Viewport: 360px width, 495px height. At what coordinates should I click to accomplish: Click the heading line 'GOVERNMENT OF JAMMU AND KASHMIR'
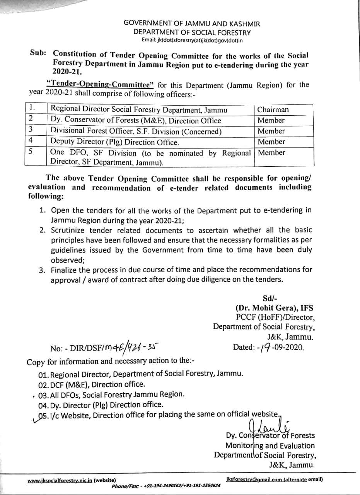pos(192,24)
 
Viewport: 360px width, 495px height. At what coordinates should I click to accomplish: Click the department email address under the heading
pos(192,40)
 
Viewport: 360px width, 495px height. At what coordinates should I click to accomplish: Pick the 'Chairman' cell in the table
pos(273,109)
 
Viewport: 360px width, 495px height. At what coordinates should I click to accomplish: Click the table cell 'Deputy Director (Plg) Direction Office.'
pos(115,142)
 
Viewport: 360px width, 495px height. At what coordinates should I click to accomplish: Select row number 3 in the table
pos(31,129)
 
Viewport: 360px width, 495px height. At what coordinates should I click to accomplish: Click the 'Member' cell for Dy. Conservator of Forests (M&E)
pos(271,120)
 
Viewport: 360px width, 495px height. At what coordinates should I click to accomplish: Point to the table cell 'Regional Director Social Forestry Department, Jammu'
pos(139,109)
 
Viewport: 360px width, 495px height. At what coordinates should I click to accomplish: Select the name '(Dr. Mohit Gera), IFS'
pos(275,308)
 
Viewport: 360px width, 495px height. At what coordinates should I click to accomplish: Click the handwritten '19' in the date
pos(264,347)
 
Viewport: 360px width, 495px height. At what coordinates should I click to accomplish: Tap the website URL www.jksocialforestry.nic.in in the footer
pos(60,481)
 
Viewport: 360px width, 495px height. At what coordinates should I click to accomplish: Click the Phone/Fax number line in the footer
pos(166,486)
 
